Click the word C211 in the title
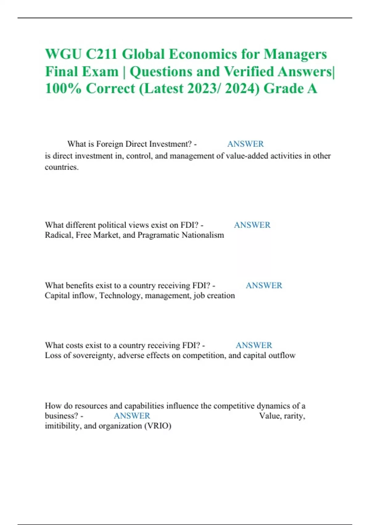pos(101,54)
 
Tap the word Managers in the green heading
pos(295,54)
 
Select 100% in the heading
pos(63,89)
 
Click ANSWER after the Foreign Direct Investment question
pos(245,144)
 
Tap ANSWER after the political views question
pos(252,225)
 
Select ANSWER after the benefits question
pos(264,285)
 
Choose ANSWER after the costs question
pos(254,345)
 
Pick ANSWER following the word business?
pos(132,416)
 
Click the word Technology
pos(121,296)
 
